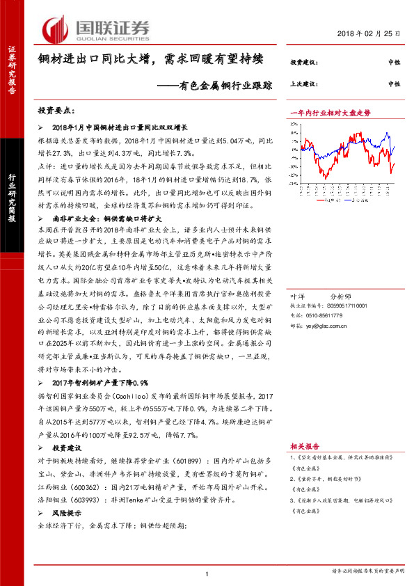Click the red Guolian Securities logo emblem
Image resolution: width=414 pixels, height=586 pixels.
pos(55,29)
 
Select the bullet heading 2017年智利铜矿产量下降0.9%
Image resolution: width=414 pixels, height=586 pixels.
pos(101,383)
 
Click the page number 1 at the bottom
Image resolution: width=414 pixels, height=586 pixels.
pos(207,572)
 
